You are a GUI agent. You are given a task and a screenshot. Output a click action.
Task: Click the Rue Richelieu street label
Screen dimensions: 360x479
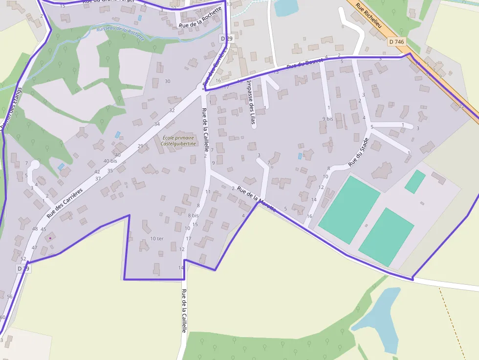(369, 16)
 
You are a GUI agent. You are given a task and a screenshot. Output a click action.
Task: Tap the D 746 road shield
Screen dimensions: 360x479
(397, 42)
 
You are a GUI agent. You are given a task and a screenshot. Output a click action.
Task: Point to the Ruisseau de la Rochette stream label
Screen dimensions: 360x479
(121, 33)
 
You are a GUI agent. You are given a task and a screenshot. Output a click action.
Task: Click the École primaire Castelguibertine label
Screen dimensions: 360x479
(178, 141)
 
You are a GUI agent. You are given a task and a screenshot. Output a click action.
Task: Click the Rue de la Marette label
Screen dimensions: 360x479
(256, 197)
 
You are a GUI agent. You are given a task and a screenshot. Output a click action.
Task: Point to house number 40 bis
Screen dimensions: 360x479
(110, 161)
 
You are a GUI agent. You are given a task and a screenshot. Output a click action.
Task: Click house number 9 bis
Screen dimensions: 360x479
(327, 119)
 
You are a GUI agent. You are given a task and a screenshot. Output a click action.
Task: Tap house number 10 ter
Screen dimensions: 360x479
(157, 238)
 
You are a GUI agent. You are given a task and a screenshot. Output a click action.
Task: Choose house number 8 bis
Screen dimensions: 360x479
(193, 215)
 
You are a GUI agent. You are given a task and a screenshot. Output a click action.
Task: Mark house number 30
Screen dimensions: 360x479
(168, 81)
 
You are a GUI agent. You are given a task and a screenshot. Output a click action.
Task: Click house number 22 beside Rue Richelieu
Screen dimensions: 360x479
(461, 106)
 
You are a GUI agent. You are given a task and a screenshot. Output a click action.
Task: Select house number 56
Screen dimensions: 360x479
(10, 296)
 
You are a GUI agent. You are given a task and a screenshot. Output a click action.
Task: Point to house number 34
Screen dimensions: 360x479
(157, 124)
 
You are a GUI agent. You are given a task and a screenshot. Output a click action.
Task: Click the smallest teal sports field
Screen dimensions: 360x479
(415, 181)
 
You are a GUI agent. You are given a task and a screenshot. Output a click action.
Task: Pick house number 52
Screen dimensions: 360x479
(23, 258)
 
